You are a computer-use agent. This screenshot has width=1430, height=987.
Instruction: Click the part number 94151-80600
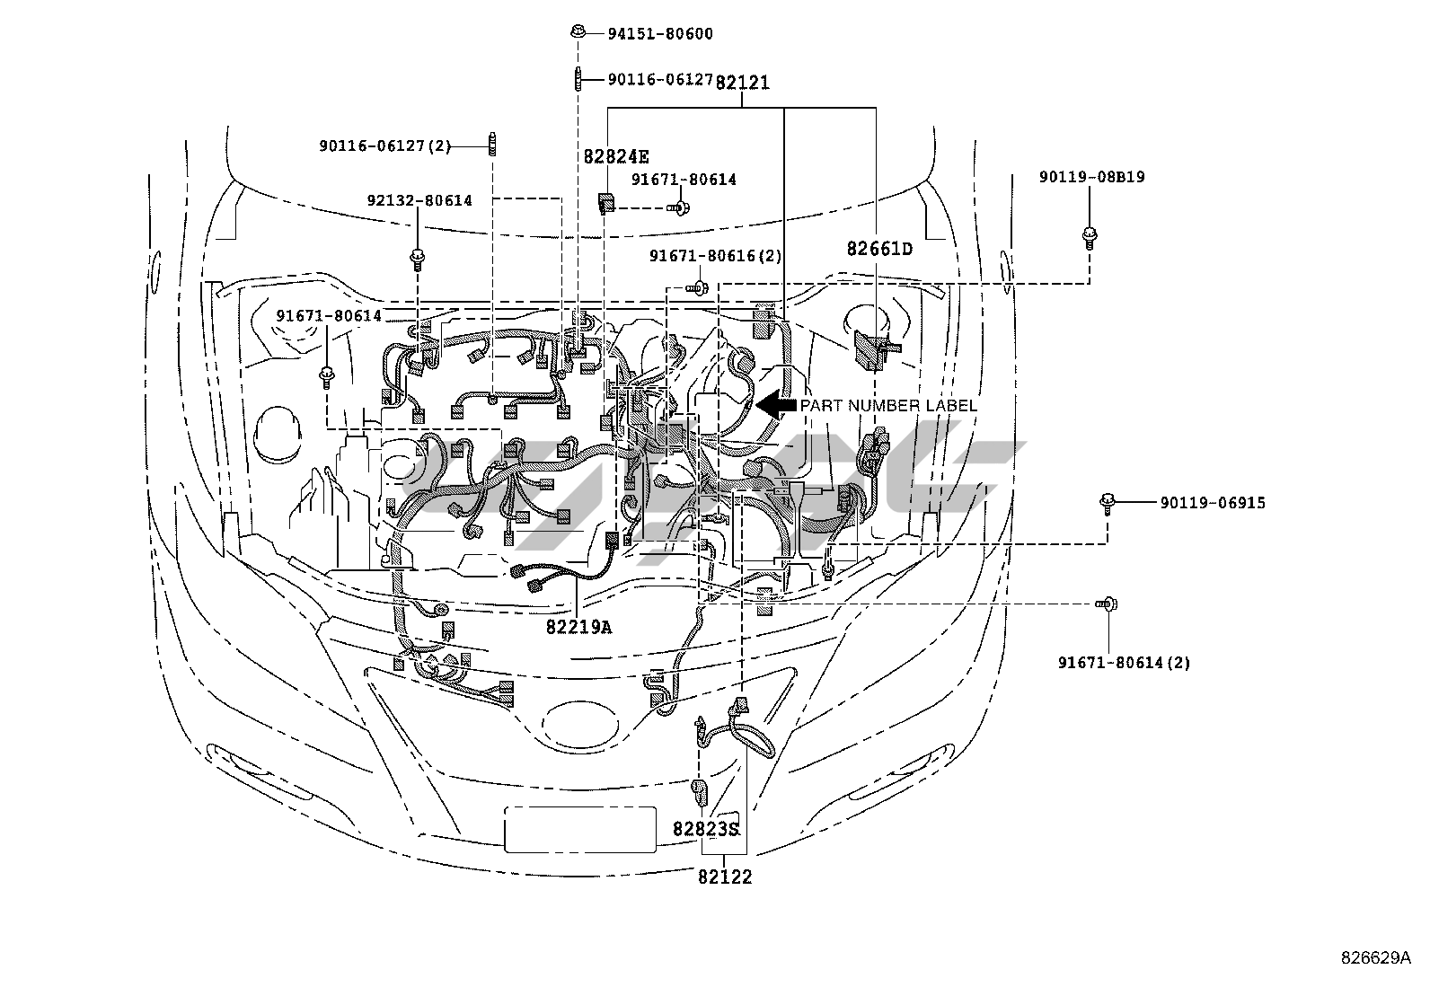(x=660, y=34)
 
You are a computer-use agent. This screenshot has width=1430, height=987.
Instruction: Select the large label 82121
(x=743, y=83)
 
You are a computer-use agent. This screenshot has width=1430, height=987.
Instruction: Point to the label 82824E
(x=616, y=156)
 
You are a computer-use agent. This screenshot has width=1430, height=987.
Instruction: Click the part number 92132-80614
(x=419, y=200)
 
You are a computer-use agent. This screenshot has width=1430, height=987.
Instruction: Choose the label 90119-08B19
(x=1091, y=177)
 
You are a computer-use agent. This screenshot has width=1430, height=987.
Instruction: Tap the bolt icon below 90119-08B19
(x=1090, y=238)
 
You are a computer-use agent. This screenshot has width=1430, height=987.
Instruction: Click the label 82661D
(x=879, y=249)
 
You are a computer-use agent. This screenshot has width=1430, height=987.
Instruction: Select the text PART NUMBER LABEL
(x=888, y=406)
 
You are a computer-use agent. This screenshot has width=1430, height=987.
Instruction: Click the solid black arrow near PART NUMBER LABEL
(x=776, y=405)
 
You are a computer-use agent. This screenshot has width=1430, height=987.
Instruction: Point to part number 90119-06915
(x=1213, y=503)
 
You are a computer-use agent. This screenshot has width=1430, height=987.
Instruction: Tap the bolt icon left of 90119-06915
(x=1107, y=504)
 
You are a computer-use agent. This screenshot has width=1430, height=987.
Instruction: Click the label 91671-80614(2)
(x=1125, y=663)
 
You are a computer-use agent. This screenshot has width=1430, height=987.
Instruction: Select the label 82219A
(x=578, y=628)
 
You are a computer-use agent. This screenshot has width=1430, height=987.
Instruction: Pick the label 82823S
(x=705, y=829)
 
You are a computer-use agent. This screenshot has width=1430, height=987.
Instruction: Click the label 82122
(x=725, y=877)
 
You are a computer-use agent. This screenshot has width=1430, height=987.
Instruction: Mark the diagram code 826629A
(x=1376, y=957)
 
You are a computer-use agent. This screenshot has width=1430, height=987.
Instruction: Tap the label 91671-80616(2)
(x=716, y=256)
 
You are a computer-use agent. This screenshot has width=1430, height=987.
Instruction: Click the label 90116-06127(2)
(x=385, y=146)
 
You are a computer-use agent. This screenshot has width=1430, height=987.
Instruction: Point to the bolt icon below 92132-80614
(x=418, y=260)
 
